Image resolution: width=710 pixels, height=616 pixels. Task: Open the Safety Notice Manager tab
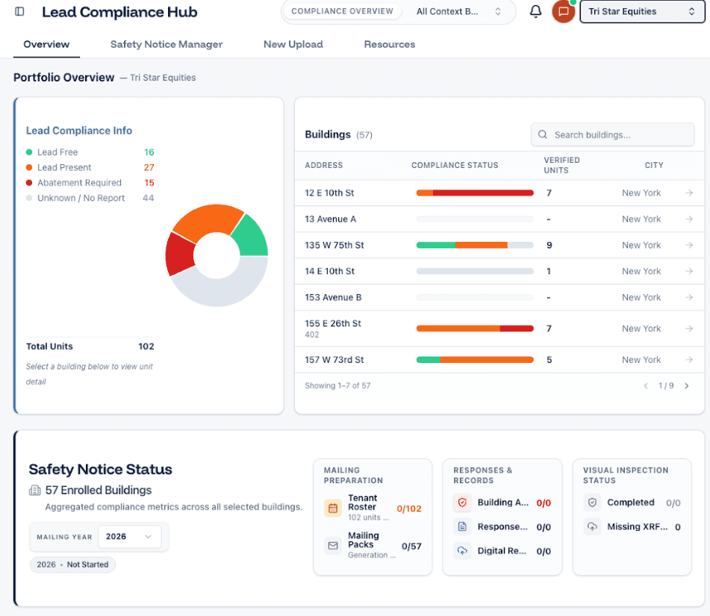(166, 44)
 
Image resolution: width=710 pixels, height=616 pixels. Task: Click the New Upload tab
(293, 44)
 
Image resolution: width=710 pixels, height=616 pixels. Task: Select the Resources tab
(390, 44)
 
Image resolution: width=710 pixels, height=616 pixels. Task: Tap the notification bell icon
(535, 12)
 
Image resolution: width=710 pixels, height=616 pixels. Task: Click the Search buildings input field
(620, 135)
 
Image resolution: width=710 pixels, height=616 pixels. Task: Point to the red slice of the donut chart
(179, 254)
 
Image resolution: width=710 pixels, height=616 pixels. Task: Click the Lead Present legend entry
(64, 167)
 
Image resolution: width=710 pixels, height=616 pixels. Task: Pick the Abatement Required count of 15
(149, 183)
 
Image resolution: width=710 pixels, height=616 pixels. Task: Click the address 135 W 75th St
(334, 245)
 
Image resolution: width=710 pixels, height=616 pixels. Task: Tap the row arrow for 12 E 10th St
(689, 193)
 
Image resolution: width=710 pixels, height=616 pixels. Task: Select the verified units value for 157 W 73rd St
(549, 360)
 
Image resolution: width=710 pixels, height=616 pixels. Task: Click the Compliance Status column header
(455, 165)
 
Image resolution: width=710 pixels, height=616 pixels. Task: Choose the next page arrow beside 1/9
(686, 386)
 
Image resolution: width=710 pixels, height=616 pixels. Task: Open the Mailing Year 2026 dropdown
(128, 536)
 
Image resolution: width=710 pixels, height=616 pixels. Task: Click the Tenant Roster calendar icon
(333, 508)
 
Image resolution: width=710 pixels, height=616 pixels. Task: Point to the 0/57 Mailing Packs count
(411, 546)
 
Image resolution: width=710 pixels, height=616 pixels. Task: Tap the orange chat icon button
(563, 12)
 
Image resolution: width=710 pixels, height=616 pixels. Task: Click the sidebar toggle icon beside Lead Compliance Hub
(19, 12)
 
